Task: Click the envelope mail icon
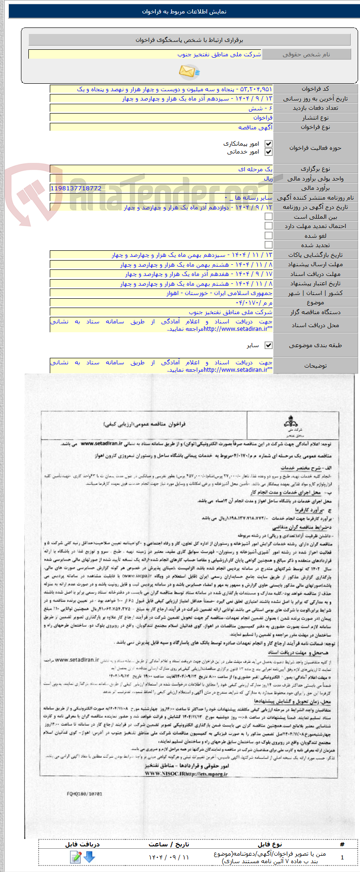pyautogui.click(x=188, y=72)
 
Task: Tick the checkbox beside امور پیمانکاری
pyautogui.click(x=268, y=144)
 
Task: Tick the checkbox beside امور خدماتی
pyautogui.click(x=268, y=152)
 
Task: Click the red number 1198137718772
pyautogui.click(x=76, y=188)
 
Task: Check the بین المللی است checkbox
pyautogui.click(x=268, y=217)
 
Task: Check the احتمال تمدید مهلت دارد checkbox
pyautogui.click(x=268, y=226)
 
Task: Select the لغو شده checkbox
pyautogui.click(x=268, y=235)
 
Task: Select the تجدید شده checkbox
pyautogui.click(x=268, y=245)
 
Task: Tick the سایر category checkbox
pyautogui.click(x=268, y=345)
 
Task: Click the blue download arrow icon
pyautogui.click(x=89, y=857)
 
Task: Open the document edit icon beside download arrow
pyautogui.click(x=75, y=857)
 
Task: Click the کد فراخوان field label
pyautogui.click(x=315, y=89)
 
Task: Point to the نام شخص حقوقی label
pyautogui.click(x=306, y=54)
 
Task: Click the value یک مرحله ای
pyautogui.click(x=255, y=169)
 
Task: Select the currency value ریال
pyautogui.click(x=268, y=179)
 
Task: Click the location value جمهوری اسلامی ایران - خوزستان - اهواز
pyautogui.click(x=220, y=293)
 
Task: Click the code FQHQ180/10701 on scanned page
pyautogui.click(x=84, y=794)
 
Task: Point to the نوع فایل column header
pyautogui.click(x=270, y=844)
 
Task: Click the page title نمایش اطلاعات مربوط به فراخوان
pyautogui.click(x=184, y=12)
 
